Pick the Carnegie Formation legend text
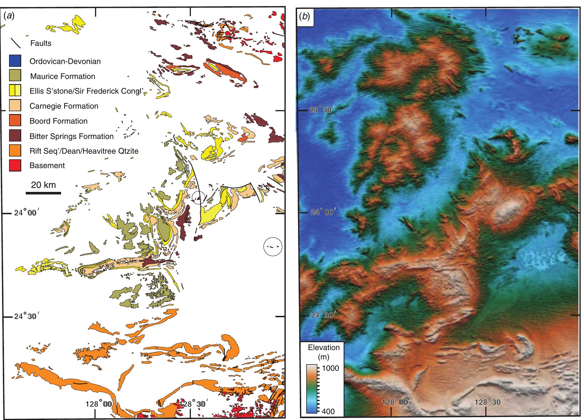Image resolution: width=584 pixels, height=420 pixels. (x=64, y=106)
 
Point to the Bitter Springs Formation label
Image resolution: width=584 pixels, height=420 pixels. (x=72, y=136)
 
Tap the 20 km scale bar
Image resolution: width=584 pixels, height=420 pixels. (x=43, y=193)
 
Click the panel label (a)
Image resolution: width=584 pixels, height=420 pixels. (x=9, y=16)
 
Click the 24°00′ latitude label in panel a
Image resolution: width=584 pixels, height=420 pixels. (x=25, y=212)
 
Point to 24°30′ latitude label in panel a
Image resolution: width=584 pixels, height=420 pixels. (x=25, y=316)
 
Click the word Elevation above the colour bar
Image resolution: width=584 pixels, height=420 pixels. (x=322, y=347)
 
